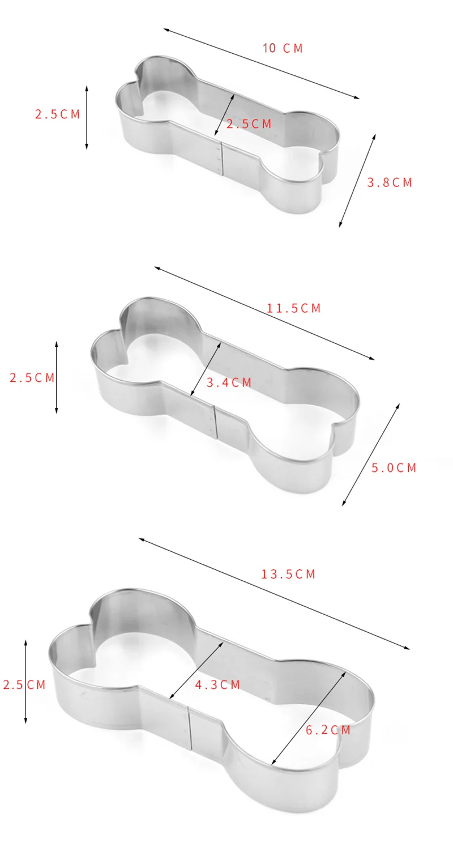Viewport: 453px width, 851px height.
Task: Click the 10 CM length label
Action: (x=283, y=48)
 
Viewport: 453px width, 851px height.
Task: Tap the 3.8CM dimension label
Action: (x=390, y=182)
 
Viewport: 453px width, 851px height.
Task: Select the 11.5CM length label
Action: (x=293, y=308)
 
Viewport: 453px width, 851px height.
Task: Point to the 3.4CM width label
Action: (x=229, y=382)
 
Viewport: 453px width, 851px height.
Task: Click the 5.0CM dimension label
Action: (x=394, y=467)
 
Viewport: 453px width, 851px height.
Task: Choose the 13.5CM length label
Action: (x=288, y=574)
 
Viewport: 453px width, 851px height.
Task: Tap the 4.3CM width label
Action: (x=217, y=684)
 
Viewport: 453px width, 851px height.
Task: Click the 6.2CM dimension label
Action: (x=328, y=730)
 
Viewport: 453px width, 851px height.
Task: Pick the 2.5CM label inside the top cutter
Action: (x=249, y=124)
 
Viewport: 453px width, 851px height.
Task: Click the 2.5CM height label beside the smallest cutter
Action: (x=57, y=114)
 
